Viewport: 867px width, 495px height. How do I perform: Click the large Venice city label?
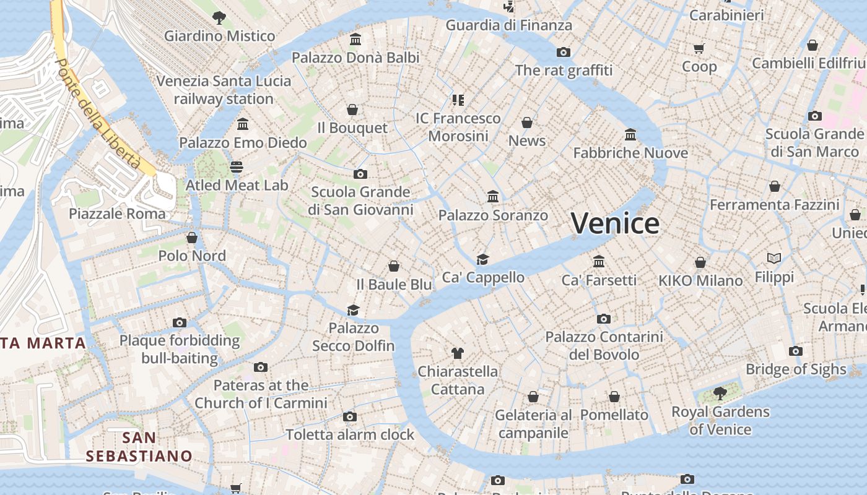[615, 223]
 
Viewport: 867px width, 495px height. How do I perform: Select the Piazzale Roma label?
[117, 214]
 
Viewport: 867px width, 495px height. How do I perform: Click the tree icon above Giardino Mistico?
[219, 17]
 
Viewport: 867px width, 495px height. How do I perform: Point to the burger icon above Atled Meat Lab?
[236, 166]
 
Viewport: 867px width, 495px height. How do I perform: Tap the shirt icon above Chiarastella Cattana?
[457, 353]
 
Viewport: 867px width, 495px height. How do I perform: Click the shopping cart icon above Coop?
[699, 48]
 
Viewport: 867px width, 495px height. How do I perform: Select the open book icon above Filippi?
[773, 258]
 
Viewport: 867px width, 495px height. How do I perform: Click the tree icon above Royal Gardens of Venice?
[720, 393]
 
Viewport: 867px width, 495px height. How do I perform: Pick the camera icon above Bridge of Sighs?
[796, 351]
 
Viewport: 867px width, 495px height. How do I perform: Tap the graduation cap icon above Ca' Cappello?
[482, 259]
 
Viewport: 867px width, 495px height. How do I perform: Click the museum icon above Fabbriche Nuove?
[630, 134]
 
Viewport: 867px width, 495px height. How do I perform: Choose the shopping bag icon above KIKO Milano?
[700, 262]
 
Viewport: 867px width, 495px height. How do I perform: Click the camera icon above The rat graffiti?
[563, 52]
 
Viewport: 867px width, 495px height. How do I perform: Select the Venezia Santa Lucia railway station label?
[224, 90]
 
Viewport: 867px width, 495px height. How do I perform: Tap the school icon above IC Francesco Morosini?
[458, 100]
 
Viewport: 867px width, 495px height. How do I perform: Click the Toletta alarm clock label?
[350, 435]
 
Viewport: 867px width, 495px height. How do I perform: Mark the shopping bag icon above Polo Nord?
[192, 238]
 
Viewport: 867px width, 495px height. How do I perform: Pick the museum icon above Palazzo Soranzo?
[493, 197]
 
